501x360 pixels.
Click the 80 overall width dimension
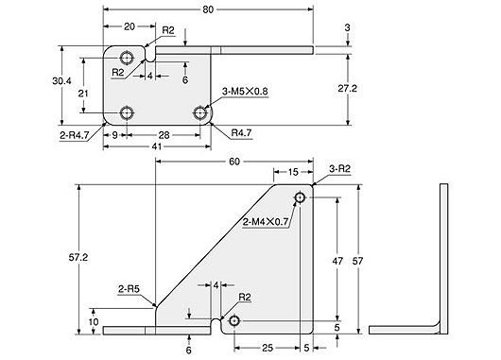click(206, 9)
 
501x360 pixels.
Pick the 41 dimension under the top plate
click(151, 146)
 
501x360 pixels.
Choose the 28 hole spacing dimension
click(164, 134)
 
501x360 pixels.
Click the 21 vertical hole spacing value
click(84, 92)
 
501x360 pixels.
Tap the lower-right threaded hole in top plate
click(200, 113)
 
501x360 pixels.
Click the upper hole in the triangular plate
click(300, 197)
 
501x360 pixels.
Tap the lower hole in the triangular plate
click(234, 322)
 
